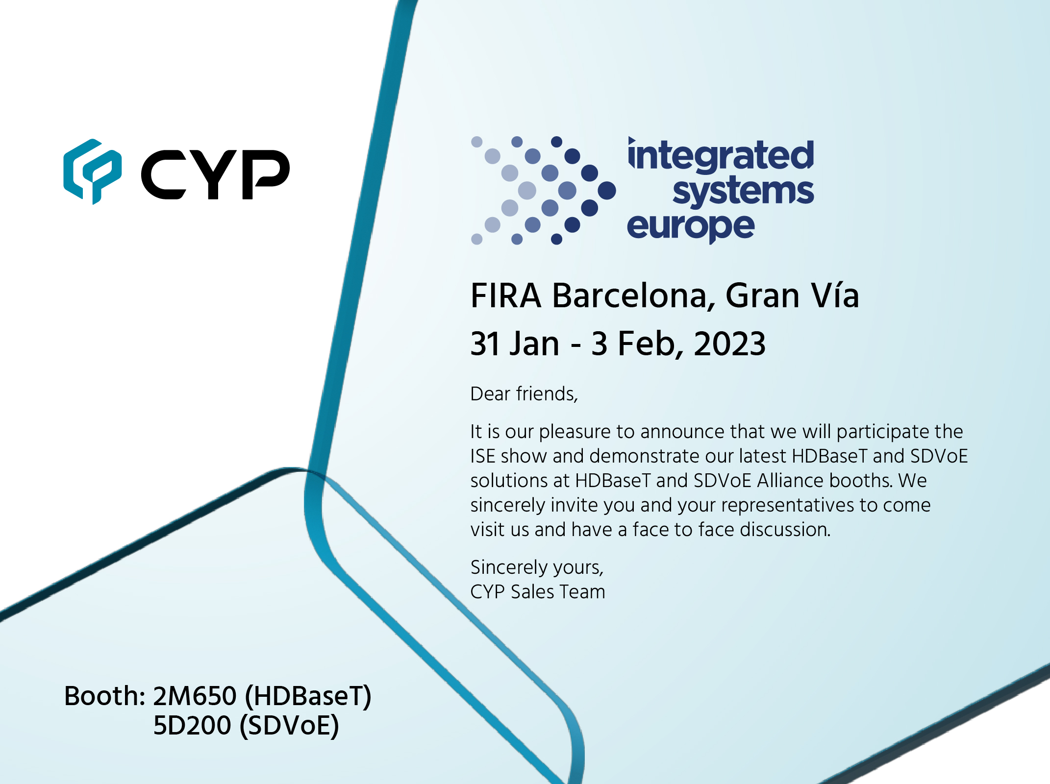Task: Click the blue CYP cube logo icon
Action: tap(92, 171)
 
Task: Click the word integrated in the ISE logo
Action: tap(721, 155)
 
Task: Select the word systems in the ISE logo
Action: tap(743, 191)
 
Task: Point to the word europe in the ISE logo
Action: tap(691, 227)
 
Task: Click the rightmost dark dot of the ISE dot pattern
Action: tap(607, 190)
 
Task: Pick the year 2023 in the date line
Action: tap(730, 343)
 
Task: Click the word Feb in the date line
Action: tap(647, 343)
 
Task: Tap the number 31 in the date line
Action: tap(485, 343)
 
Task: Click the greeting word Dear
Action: tap(491, 394)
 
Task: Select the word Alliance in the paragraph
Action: tap(790, 480)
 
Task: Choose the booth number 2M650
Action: tap(195, 696)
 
